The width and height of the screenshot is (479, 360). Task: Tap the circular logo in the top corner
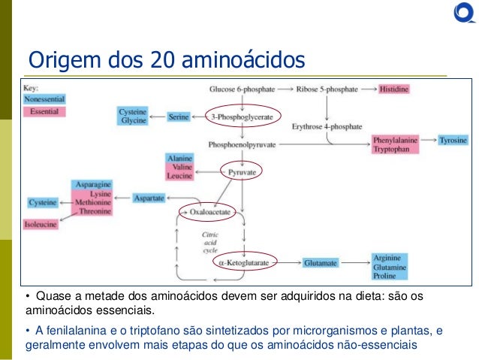click(x=462, y=13)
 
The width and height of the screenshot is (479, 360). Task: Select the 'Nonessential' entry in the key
click(x=44, y=99)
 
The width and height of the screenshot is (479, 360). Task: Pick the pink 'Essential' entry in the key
click(x=44, y=111)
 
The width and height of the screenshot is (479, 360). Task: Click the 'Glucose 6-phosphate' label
click(x=239, y=89)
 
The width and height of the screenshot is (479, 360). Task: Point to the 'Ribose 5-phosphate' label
click(x=327, y=89)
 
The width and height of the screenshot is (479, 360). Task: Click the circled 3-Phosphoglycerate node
click(x=240, y=117)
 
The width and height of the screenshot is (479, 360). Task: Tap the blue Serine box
click(x=178, y=117)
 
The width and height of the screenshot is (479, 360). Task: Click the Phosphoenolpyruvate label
click(x=240, y=143)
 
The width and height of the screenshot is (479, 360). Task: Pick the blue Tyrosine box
click(x=453, y=141)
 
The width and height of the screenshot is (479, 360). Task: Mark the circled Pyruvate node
click(x=241, y=171)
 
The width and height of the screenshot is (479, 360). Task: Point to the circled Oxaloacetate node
click(x=209, y=213)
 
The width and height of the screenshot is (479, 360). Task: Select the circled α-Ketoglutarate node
click(x=246, y=263)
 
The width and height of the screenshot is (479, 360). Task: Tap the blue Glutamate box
click(x=321, y=263)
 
